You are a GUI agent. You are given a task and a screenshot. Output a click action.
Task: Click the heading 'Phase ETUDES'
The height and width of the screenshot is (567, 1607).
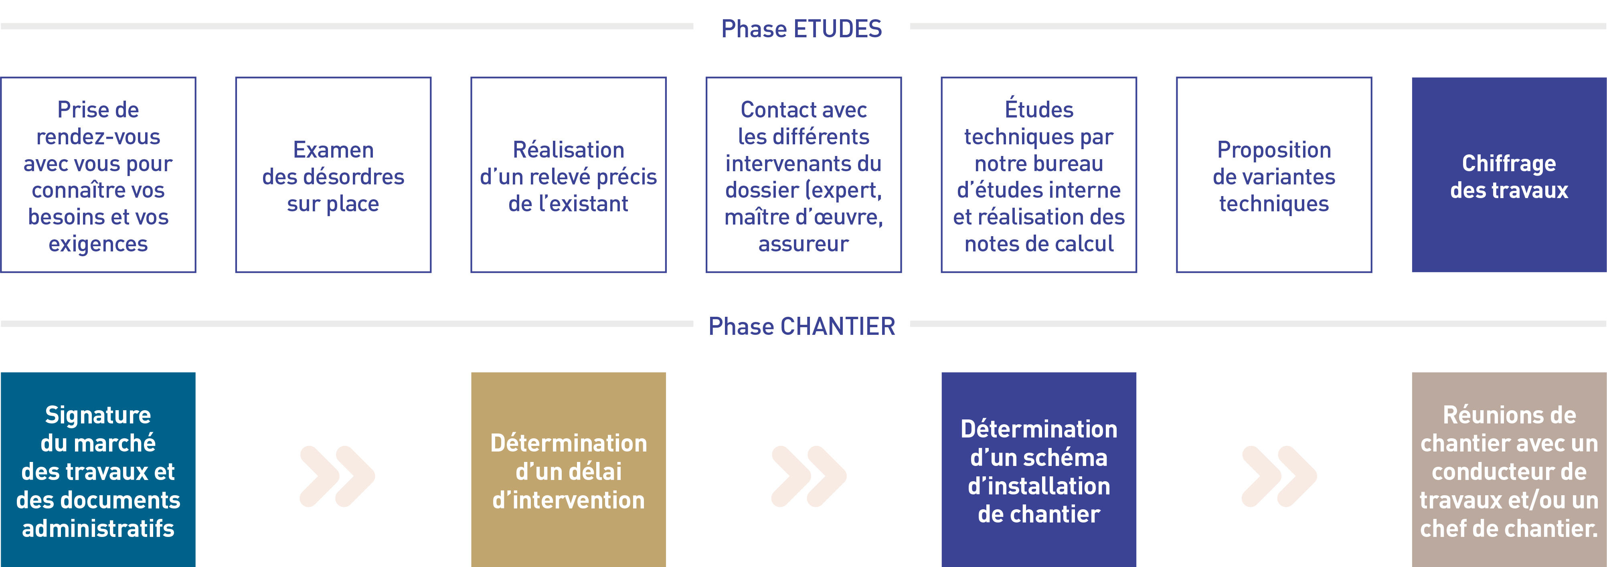coord(801,29)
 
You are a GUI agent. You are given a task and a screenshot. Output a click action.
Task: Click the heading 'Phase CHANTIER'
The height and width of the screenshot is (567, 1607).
coord(801,326)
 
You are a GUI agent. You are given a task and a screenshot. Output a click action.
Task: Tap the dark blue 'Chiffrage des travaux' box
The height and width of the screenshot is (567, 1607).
coord(1509,175)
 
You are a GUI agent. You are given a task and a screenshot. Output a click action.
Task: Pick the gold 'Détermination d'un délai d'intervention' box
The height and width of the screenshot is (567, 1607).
coord(568,470)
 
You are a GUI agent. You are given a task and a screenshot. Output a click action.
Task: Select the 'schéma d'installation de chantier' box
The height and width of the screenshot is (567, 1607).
coord(1039,470)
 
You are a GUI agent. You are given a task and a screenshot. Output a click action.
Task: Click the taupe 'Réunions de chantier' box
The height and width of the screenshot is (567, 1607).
coord(1509,470)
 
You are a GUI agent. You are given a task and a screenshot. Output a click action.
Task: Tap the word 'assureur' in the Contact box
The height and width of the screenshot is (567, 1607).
coord(803,244)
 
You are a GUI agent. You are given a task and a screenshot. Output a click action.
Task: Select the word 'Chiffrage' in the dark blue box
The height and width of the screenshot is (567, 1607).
coord(1509,164)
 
